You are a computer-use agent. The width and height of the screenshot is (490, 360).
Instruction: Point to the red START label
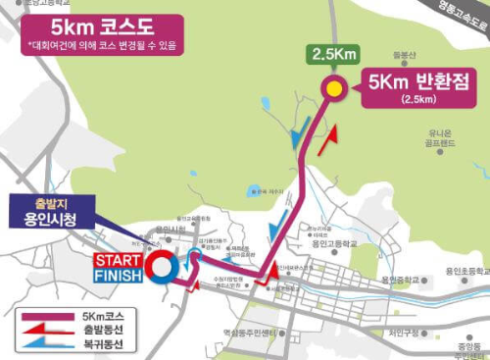(118, 259)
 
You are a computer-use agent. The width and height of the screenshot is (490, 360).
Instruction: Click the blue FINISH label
(118, 276)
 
